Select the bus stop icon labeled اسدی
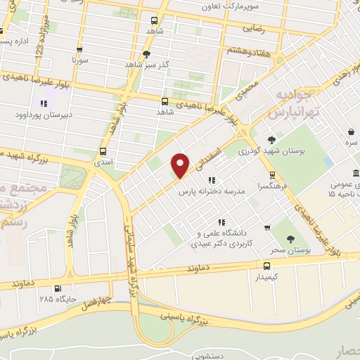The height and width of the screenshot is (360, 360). (x=103, y=152)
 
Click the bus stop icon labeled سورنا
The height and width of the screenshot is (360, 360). (x=79, y=50)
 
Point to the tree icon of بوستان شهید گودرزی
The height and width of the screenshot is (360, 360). (x=271, y=140)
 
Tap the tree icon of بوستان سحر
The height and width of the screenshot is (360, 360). (x=290, y=239)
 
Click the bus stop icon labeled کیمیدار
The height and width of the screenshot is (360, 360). (x=266, y=266)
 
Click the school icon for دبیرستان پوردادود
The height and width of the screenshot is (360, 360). (x=44, y=103)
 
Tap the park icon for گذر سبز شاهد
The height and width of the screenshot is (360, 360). (x=146, y=53)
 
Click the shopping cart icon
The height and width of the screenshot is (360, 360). (x=266, y=226)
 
